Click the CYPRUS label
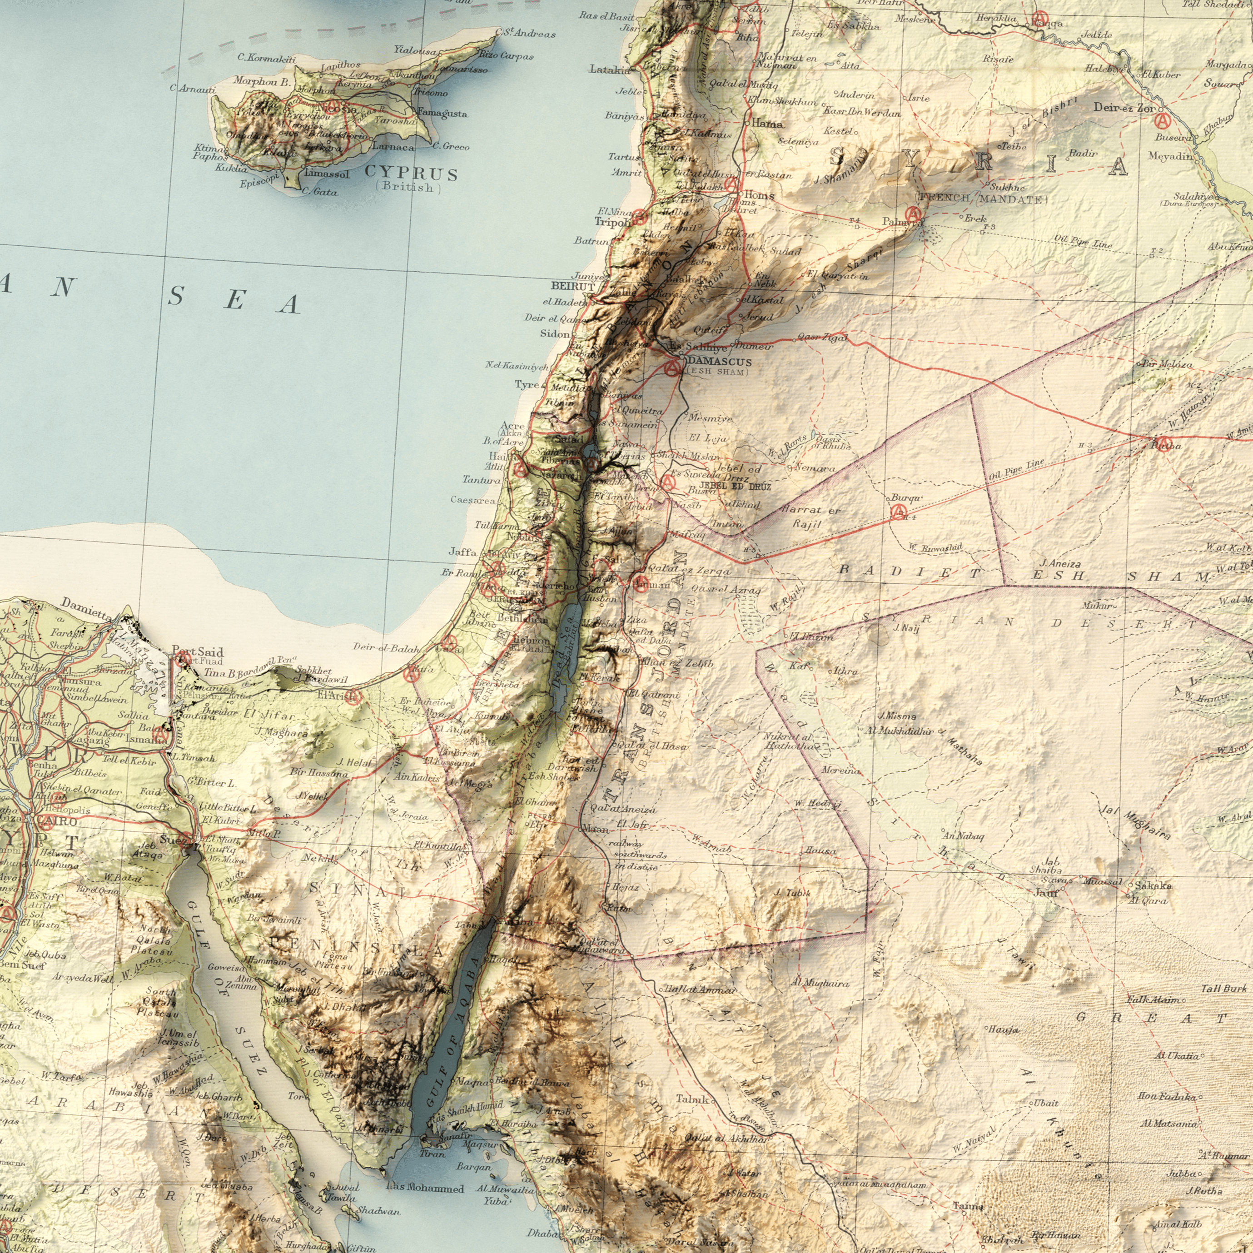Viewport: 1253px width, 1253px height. (x=411, y=174)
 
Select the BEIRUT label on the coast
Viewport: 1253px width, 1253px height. (x=573, y=286)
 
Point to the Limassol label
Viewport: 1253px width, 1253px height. (x=327, y=174)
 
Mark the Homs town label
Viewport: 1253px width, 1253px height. (x=759, y=194)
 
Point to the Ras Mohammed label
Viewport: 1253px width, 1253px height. (x=424, y=1171)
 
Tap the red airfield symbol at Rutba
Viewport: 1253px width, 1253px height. (x=1164, y=443)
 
